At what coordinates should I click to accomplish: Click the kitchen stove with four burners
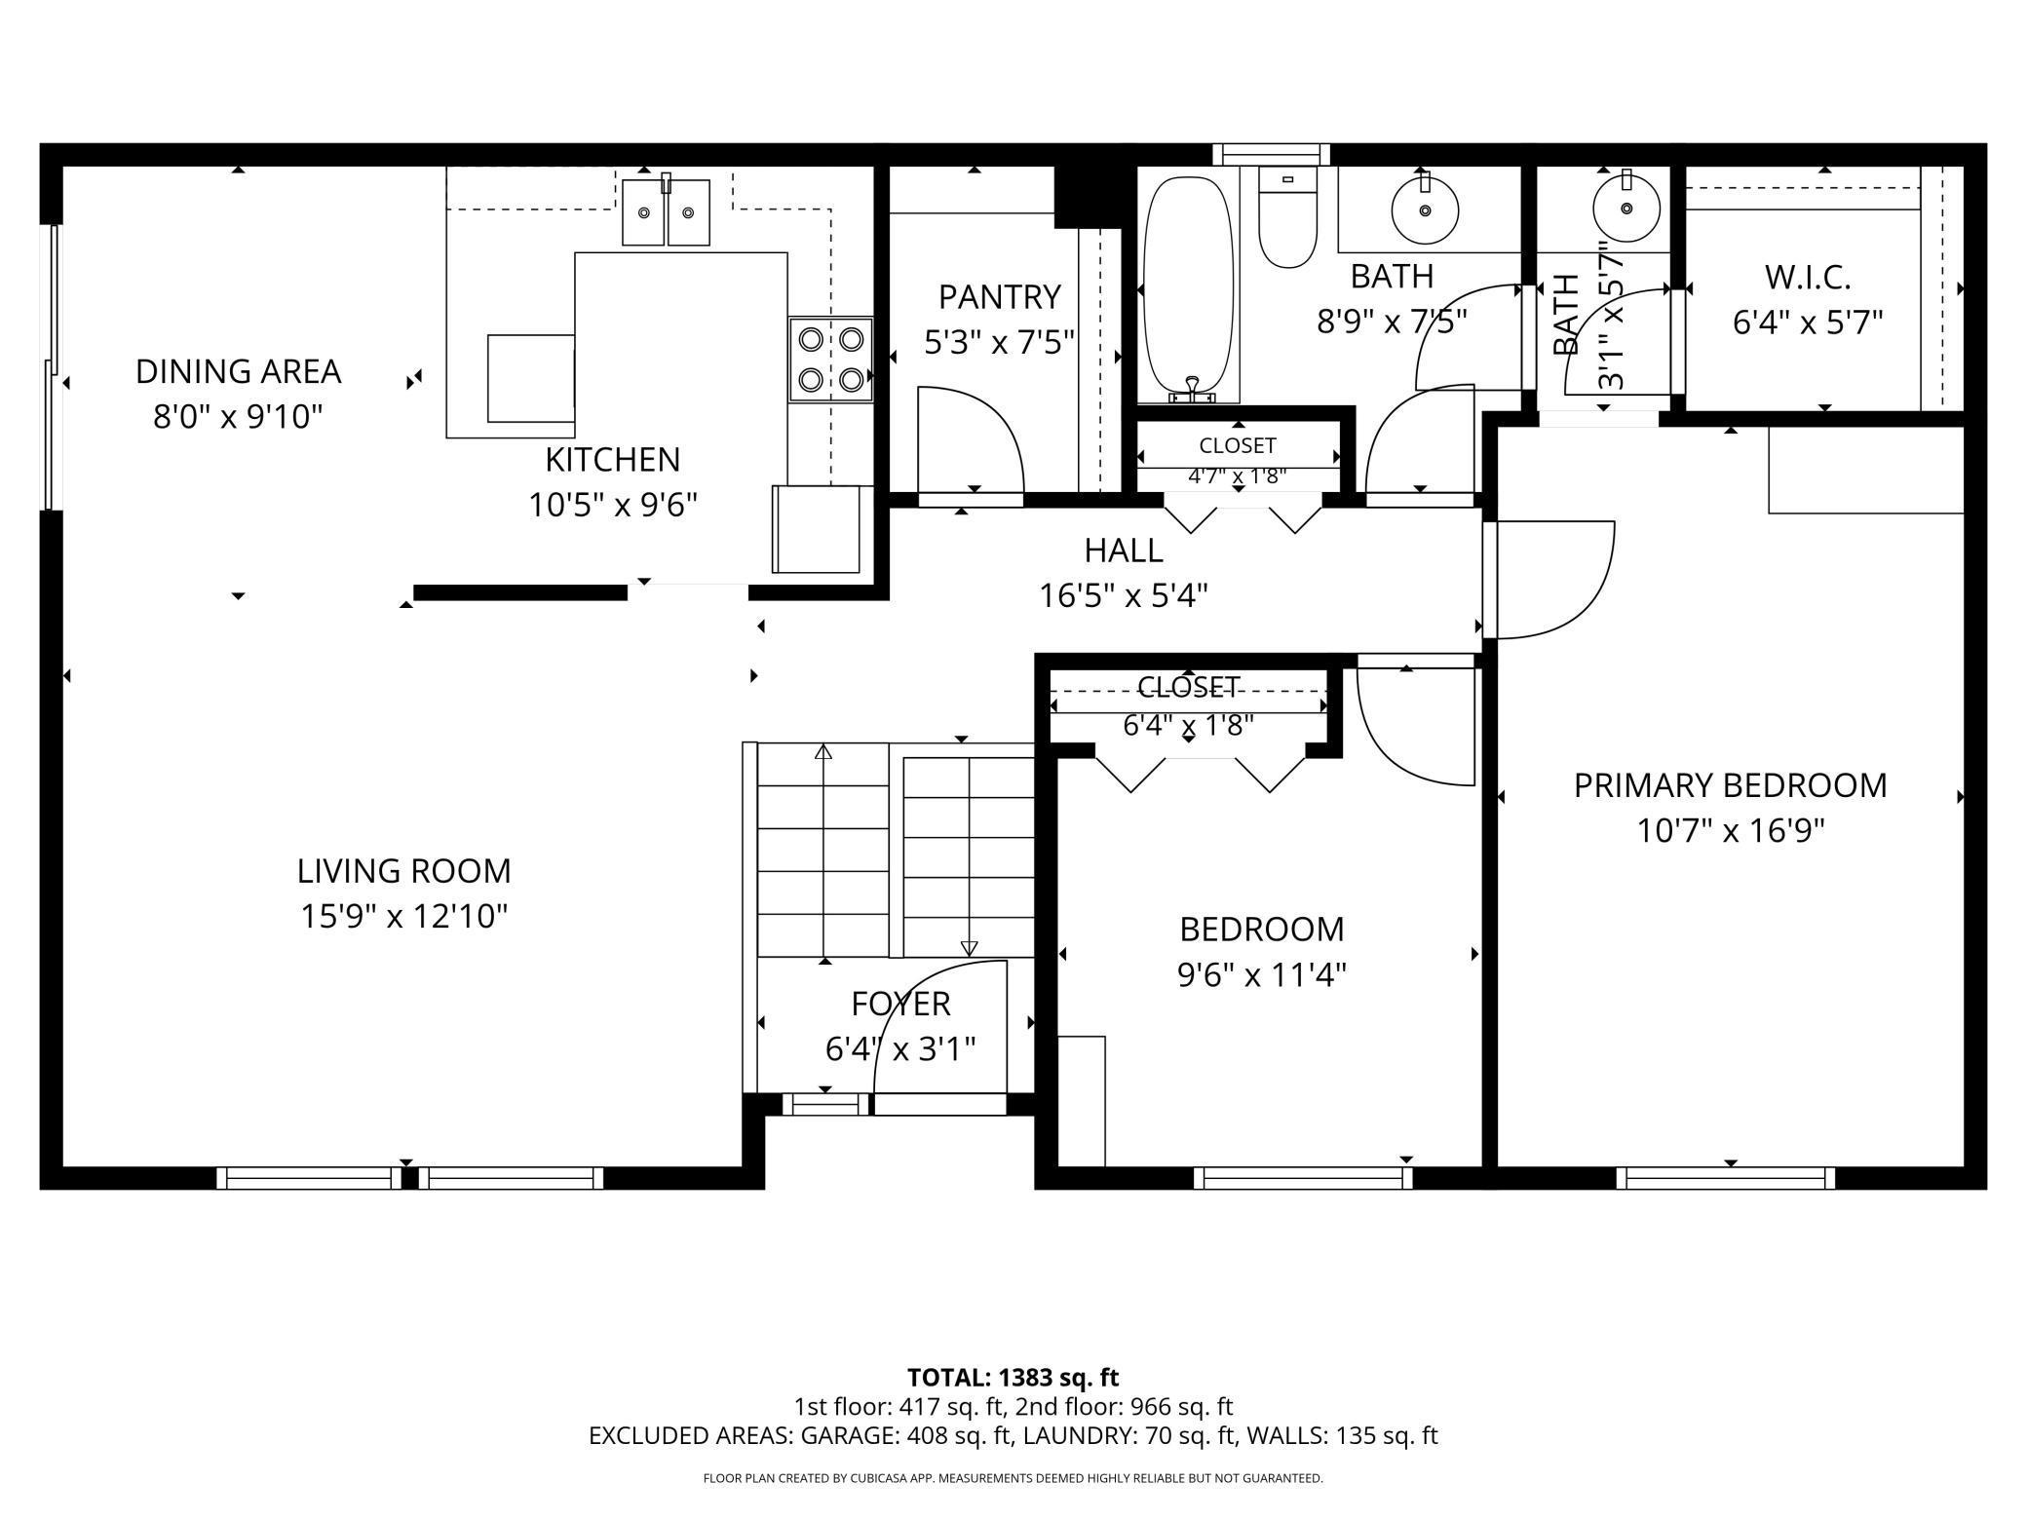tap(830, 359)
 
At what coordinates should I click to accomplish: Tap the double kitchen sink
tap(666, 212)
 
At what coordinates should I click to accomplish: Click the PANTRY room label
tap(999, 296)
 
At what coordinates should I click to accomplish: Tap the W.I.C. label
tap(1807, 278)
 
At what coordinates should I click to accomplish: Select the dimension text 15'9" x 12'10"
tap(403, 917)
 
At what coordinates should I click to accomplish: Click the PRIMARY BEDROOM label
tap(1730, 785)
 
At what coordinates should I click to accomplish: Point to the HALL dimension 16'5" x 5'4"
tap(1123, 595)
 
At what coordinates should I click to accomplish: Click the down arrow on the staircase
tap(969, 947)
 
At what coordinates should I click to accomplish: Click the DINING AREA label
tap(238, 371)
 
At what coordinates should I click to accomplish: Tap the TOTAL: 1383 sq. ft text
tap(1013, 1378)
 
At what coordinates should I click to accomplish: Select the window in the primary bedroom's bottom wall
tap(1725, 1178)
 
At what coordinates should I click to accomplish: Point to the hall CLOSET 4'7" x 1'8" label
tap(1237, 445)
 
